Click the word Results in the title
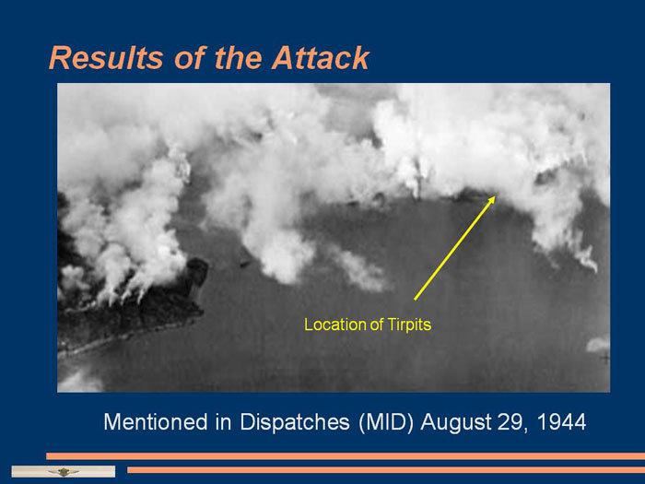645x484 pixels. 106,57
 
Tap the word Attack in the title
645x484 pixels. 321,57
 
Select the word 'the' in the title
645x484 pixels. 238,57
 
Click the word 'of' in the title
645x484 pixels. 189,57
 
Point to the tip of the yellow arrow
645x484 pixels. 496,196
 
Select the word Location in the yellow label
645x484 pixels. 335,325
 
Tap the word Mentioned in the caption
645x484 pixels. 156,422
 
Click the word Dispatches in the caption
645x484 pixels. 295,422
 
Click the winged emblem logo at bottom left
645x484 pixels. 64,472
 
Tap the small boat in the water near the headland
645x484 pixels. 245,264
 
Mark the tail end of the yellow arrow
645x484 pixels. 415,300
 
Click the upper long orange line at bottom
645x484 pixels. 346,456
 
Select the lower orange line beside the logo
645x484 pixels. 386,469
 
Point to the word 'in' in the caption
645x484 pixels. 224,422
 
